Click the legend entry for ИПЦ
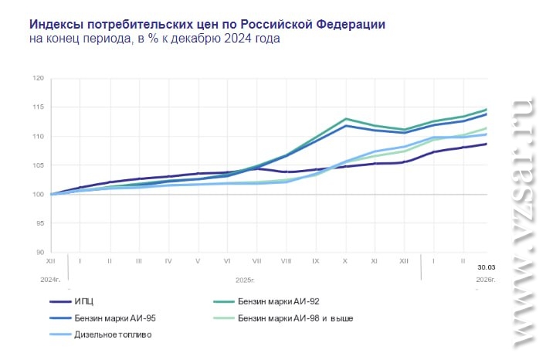(x=85, y=302)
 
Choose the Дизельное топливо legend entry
(x=113, y=335)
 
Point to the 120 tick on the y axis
(x=38, y=79)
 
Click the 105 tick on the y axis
(x=38, y=165)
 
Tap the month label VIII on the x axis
(x=286, y=262)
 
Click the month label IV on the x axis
(x=168, y=262)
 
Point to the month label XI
(x=374, y=262)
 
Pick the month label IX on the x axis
(x=315, y=262)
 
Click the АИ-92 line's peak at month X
(x=345, y=119)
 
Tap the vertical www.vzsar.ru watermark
(x=522, y=224)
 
